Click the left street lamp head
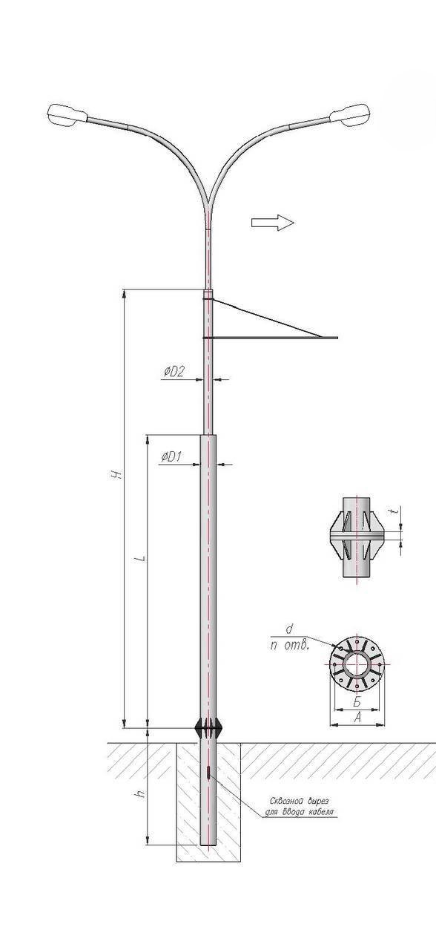67,114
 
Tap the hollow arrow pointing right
272,222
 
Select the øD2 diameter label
174,372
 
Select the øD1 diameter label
171,456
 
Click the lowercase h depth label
141,793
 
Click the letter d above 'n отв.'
290,629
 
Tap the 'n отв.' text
290,646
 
